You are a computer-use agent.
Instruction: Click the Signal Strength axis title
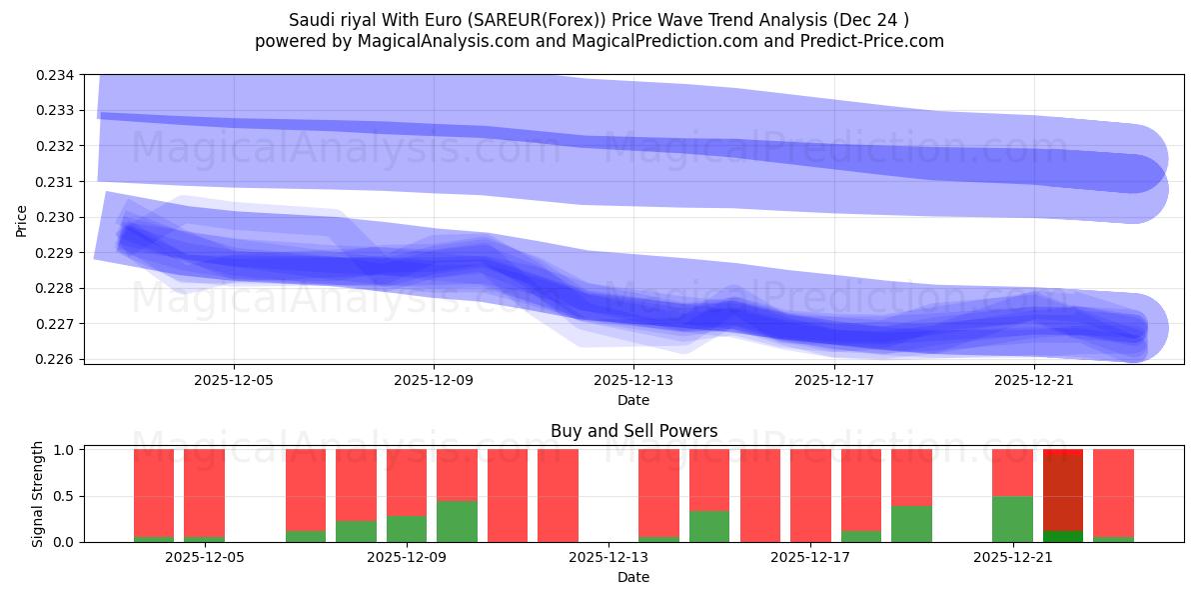tap(37, 495)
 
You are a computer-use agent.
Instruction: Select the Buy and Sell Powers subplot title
tap(633, 431)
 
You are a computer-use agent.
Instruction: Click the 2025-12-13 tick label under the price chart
tap(633, 380)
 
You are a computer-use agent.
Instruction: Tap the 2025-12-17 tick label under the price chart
tap(833, 380)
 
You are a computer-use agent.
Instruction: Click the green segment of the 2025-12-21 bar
tap(1012, 519)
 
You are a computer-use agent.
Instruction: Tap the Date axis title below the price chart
tap(633, 400)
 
